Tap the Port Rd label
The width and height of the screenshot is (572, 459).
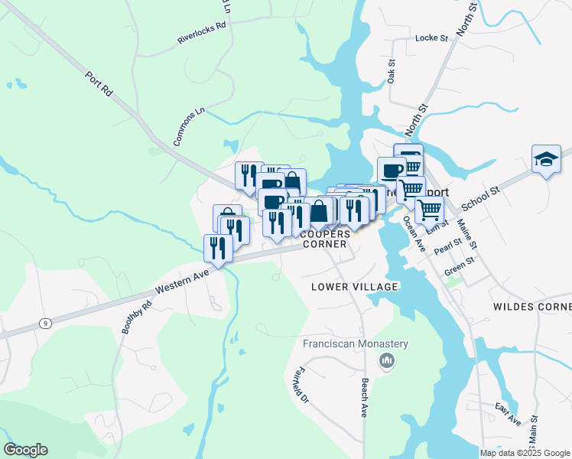tap(100, 83)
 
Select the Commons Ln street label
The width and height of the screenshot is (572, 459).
tap(190, 127)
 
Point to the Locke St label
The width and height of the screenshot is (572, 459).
tap(430, 37)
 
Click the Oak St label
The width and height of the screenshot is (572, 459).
tap(391, 72)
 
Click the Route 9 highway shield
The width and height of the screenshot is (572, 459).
tap(46, 324)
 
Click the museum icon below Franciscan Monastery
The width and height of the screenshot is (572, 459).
tap(387, 360)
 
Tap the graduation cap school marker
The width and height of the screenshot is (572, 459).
tap(546, 159)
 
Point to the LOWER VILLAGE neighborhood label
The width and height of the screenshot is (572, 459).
tap(355, 287)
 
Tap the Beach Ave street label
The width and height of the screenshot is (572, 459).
tap(364, 398)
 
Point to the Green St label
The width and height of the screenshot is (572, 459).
tap(460, 265)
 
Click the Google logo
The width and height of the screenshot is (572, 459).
tap(25, 450)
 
